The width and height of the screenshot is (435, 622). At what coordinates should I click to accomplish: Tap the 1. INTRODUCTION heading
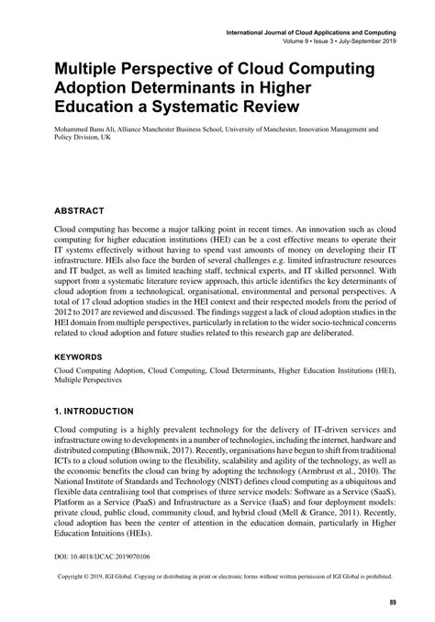coord(95,411)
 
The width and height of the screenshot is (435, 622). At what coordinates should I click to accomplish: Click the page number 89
coord(392,603)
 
